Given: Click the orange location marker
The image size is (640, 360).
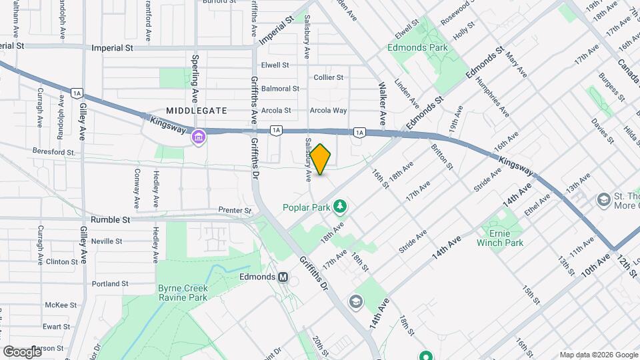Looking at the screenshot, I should pyautogui.click(x=321, y=159).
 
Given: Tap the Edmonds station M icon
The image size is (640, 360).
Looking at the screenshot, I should pyautogui.click(x=283, y=277).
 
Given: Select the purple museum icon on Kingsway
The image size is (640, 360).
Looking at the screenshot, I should pyautogui.click(x=198, y=138).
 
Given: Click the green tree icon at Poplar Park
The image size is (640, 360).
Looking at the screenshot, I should pyautogui.click(x=341, y=207).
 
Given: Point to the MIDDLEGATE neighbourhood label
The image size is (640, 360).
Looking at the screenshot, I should pyautogui.click(x=197, y=111).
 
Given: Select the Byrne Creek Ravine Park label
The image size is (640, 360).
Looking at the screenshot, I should pyautogui.click(x=183, y=293).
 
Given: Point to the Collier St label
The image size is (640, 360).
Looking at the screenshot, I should pyautogui.click(x=328, y=77).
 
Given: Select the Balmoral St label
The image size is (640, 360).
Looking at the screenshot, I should pyautogui.click(x=280, y=89).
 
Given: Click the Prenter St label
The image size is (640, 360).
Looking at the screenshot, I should pyautogui.click(x=235, y=211).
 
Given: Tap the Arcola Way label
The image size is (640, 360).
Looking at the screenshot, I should pyautogui.click(x=331, y=111).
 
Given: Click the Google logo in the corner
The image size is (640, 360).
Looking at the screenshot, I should pyautogui.click(x=22, y=351).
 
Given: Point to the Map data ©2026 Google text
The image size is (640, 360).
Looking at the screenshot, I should pyautogui.click(x=598, y=355).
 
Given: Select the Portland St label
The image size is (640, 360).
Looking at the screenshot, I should pyautogui.click(x=110, y=284).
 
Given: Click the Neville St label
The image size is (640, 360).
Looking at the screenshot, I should pyautogui.click(x=110, y=241).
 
